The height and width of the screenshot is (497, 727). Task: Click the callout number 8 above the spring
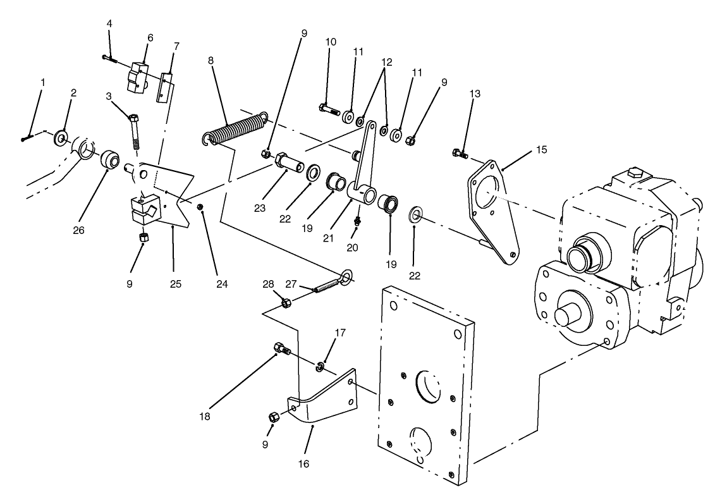[211, 61]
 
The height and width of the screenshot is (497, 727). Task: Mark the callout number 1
[43, 82]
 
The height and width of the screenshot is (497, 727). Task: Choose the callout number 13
[475, 94]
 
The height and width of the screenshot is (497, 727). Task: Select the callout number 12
[387, 62]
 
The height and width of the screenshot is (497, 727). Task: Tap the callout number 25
[176, 284]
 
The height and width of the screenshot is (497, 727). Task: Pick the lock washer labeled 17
[321, 366]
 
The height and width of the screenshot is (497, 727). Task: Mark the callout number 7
[176, 46]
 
